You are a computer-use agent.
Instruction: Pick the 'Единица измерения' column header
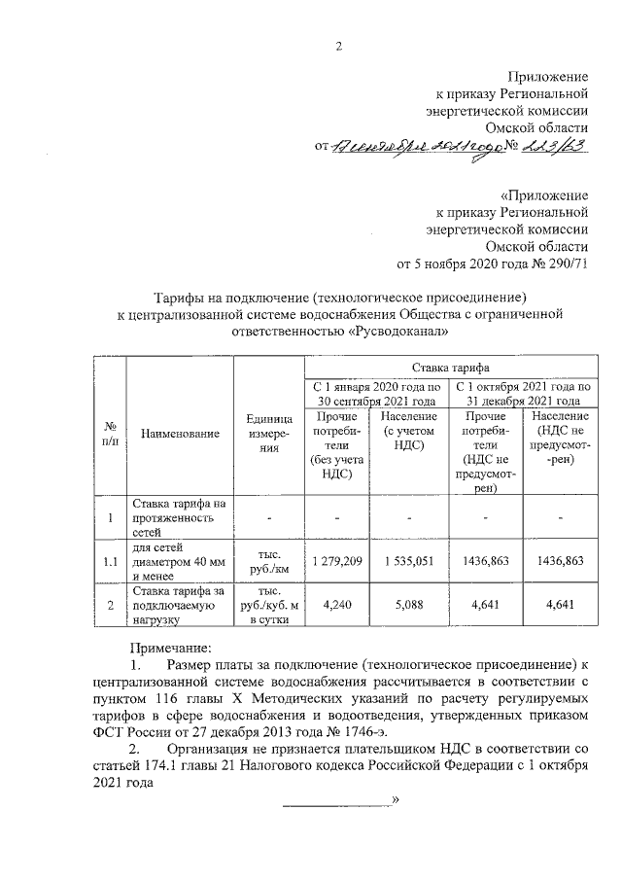[262, 433]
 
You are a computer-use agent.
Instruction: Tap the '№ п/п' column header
[111, 433]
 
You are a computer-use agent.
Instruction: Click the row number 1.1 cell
[111, 561]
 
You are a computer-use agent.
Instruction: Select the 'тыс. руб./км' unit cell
[262, 561]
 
